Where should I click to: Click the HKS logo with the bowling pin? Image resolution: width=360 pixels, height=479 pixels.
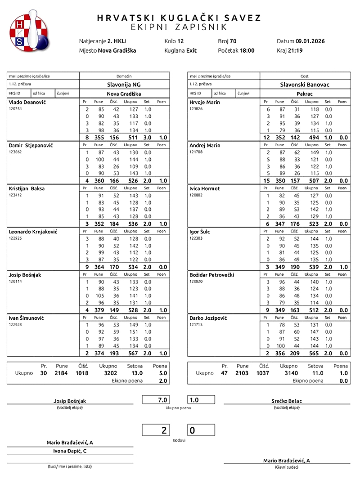(27, 30)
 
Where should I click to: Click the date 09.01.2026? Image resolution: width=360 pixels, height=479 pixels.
(310, 41)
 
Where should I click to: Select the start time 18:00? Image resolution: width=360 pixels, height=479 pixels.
(247, 50)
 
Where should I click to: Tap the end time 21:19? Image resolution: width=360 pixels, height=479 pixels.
(295, 50)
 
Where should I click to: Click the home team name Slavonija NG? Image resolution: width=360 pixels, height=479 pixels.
(124, 84)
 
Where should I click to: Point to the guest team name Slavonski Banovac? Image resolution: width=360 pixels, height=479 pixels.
(304, 84)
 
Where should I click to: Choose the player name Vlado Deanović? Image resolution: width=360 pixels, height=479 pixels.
(27, 102)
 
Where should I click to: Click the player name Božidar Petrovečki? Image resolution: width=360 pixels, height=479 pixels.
(212, 275)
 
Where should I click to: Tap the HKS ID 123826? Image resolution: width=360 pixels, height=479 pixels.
(197, 109)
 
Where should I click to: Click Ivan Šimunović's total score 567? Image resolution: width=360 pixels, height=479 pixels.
(132, 353)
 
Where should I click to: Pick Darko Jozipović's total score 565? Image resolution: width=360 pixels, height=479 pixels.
(311, 353)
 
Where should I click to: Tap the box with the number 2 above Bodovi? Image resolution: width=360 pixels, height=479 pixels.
(156, 430)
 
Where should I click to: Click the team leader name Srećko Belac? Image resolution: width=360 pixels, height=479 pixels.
(287, 401)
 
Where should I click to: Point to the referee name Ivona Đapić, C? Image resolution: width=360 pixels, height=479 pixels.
(70, 451)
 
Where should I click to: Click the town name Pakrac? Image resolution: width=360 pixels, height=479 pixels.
(304, 94)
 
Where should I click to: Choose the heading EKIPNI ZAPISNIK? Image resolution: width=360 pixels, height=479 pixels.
(179, 27)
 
